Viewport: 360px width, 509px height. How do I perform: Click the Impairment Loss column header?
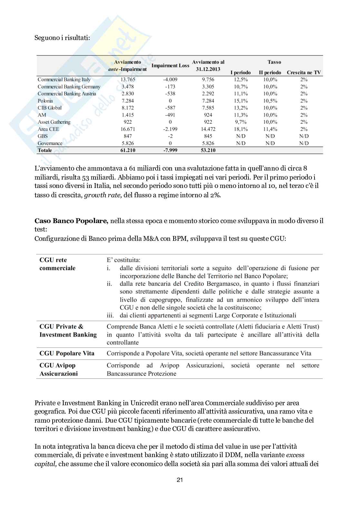pyautogui.click(x=170, y=65)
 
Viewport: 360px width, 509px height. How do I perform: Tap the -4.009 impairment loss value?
pyautogui.click(x=170, y=79)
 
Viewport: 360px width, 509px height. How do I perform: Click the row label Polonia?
pyautogui.click(x=45, y=101)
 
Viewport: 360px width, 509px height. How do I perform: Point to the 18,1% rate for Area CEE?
pyautogui.click(x=241, y=129)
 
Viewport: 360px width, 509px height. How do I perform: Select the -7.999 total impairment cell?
pyautogui.click(x=170, y=150)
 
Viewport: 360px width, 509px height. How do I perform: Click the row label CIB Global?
pyautogui.click(x=49, y=108)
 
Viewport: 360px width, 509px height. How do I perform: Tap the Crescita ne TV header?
pyautogui.click(x=304, y=73)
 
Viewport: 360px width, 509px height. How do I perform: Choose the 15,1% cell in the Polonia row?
pyautogui.click(x=241, y=101)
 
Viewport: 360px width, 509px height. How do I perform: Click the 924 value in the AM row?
pyautogui.click(x=208, y=115)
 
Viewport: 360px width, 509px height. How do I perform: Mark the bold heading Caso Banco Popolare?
pyautogui.click(x=71, y=221)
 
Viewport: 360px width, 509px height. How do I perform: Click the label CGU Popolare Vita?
pyautogui.click(x=67, y=353)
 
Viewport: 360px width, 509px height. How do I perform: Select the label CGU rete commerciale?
pyautogui.click(x=57, y=264)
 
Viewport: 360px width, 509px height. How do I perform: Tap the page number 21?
pyautogui.click(x=180, y=480)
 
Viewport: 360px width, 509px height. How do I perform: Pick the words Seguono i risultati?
pyautogui.click(x=62, y=38)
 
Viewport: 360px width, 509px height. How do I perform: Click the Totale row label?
pyautogui.click(x=45, y=150)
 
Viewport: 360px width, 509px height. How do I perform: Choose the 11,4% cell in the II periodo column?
pyautogui.click(x=270, y=129)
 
